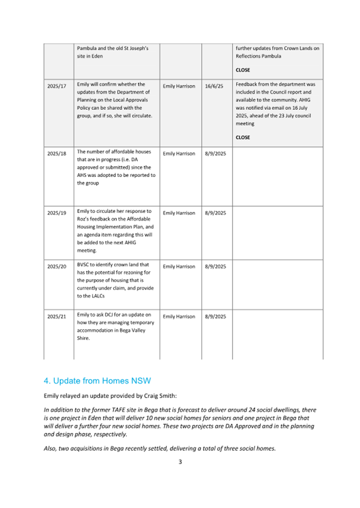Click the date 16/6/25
tap(214, 86)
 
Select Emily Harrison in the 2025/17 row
tap(179, 86)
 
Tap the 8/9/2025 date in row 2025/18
tap(216, 153)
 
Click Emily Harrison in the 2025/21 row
tap(179, 317)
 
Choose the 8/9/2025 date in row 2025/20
tap(216, 265)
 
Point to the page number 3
tap(180, 462)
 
